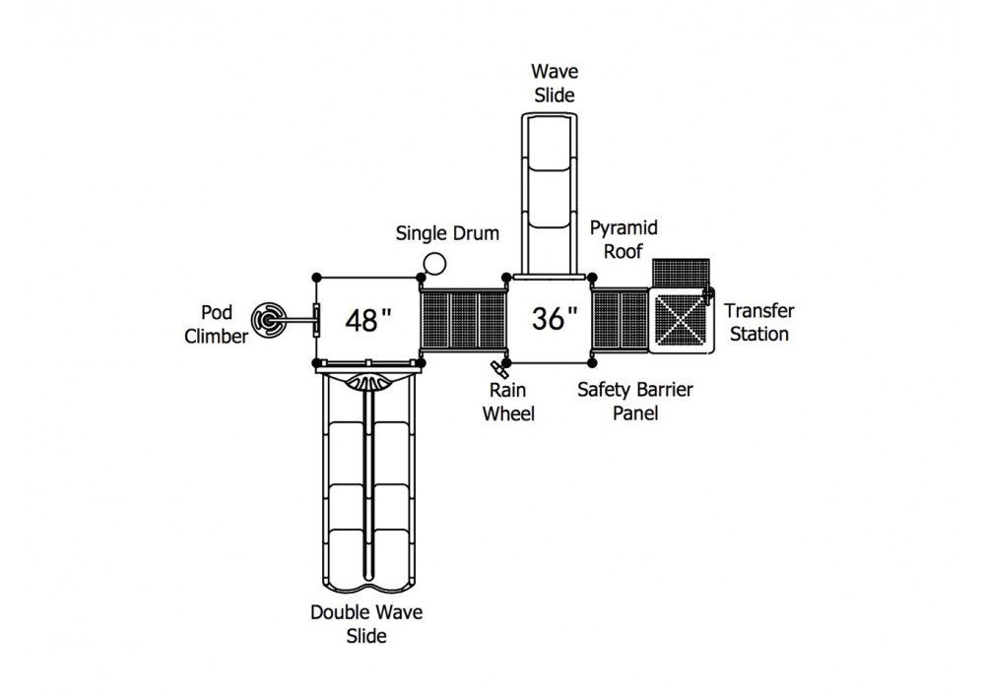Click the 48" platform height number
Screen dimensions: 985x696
368,320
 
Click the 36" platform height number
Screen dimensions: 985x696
554,318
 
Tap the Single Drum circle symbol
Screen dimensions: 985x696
434,263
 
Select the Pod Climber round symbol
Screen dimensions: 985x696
269,320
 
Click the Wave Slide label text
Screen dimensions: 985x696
555,83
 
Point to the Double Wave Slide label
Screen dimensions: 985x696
366,624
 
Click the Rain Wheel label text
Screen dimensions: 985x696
508,403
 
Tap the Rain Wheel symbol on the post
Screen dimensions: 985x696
499,366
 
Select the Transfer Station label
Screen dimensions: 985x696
758,322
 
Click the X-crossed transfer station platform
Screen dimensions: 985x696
681,319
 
